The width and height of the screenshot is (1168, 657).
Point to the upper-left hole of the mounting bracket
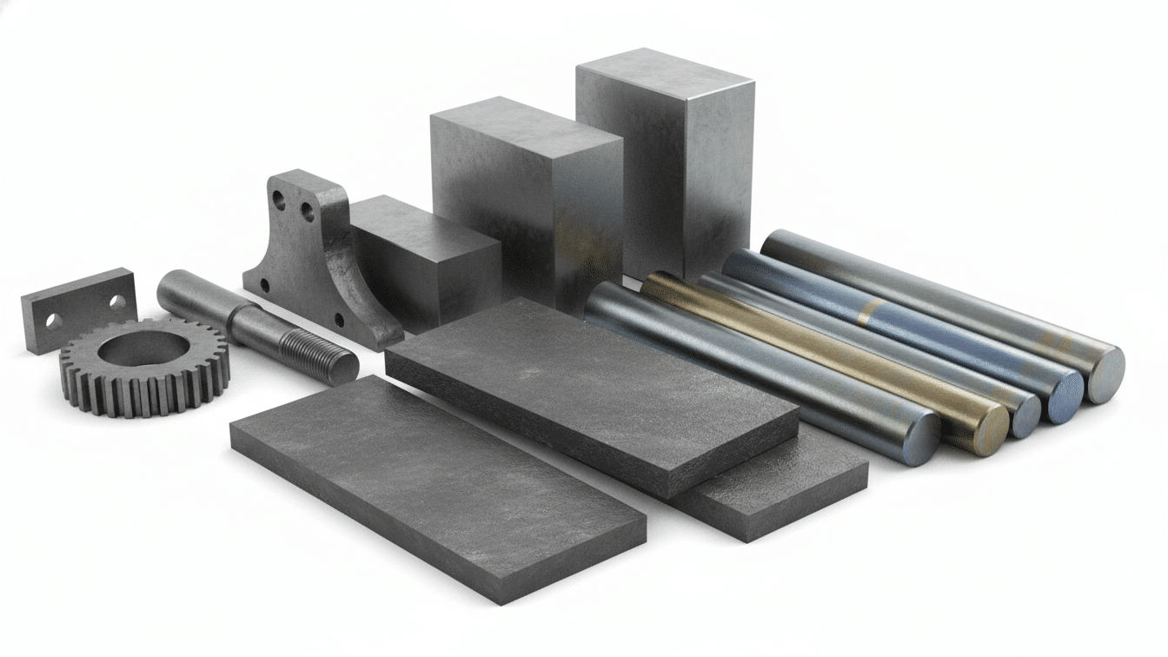(279, 199)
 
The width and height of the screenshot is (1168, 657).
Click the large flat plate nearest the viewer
(435, 482)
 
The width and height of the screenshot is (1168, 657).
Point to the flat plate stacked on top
(591, 391)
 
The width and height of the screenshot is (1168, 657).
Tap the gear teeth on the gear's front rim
(130, 400)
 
